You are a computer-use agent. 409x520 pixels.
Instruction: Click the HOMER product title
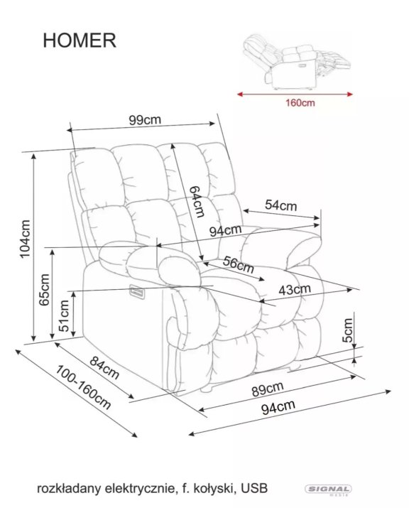pos(80,40)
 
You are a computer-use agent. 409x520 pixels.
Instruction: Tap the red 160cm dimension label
pos(300,103)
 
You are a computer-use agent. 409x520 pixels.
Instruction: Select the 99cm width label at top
pos(145,120)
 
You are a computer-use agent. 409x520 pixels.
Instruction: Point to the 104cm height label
pos(25,239)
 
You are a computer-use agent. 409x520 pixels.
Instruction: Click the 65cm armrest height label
pos(44,290)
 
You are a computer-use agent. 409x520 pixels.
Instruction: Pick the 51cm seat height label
pos(64,316)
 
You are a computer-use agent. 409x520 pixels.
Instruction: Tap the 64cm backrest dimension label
pos(197,201)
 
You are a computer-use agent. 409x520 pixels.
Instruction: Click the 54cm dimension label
pos(280,205)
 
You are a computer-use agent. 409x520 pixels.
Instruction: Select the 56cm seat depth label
pos(239,264)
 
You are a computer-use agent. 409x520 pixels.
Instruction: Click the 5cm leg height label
pos(347,330)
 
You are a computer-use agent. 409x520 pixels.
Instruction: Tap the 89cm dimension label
pos(268,389)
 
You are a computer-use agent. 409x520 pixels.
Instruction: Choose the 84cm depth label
pos(104,368)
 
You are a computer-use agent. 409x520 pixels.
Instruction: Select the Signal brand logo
pos(328,489)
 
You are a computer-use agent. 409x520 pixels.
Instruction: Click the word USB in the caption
pos(254,488)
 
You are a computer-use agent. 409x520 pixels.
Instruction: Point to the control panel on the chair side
pos(138,291)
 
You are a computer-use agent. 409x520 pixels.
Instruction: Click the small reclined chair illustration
pos(296,61)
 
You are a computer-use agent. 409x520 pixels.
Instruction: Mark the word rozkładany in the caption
pos(69,489)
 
